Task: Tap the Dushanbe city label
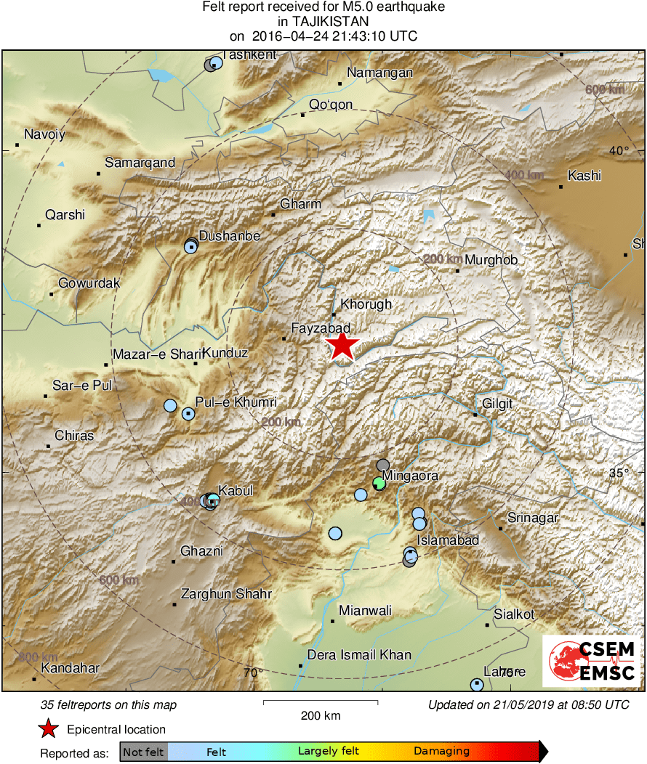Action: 229,236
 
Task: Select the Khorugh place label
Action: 366,305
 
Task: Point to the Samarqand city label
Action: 140,163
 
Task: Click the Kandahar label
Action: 70,668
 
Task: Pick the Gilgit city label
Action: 497,404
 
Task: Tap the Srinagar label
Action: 533,518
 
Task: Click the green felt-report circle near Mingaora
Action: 379,482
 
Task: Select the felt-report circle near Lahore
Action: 476,684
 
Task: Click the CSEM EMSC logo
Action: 592,661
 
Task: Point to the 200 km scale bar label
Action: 321,715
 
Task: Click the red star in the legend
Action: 48,729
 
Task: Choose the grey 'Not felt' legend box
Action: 143,752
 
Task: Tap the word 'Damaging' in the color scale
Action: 441,752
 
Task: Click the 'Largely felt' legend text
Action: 325,752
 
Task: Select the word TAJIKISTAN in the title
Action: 323,22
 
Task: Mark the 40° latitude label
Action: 619,152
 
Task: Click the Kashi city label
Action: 584,176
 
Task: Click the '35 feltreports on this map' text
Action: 108,705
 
